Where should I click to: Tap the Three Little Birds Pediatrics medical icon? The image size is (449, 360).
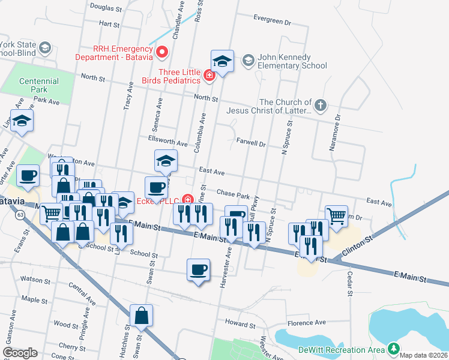(209, 76)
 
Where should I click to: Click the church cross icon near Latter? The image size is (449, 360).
(321, 106)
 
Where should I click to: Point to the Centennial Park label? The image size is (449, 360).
(38, 85)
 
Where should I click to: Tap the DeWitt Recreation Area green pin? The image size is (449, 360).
(393, 349)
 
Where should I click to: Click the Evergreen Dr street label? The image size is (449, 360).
(271, 20)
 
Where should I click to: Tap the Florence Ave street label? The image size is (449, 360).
(306, 323)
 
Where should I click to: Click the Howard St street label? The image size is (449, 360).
(240, 324)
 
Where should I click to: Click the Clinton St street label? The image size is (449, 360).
(358, 245)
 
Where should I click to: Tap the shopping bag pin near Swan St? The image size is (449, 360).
(141, 316)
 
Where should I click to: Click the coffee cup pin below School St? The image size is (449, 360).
(198, 270)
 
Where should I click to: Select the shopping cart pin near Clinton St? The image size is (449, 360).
(336, 217)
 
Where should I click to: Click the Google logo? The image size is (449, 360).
(20, 353)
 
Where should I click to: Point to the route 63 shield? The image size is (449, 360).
(20, 214)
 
